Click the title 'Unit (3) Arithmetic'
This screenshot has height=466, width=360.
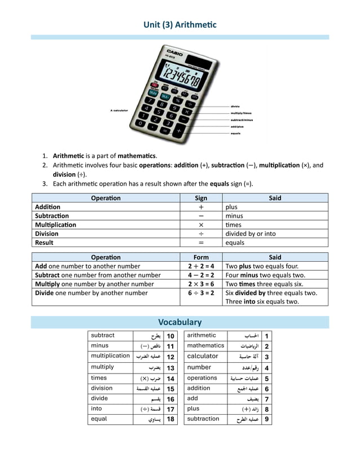point(179,25)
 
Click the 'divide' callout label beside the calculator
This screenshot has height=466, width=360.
point(235,106)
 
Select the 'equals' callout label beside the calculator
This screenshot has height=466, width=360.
point(236,134)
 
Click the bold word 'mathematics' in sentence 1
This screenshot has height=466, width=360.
point(137,156)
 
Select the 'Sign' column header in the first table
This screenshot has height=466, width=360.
point(201,198)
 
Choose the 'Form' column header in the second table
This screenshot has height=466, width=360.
point(201,257)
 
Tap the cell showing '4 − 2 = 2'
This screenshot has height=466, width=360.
point(201,275)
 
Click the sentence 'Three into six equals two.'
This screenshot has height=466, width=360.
point(262,301)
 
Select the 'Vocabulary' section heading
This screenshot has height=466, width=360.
point(179,322)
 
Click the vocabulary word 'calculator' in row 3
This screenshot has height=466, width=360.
point(203,356)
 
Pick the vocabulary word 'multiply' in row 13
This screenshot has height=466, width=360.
point(102,367)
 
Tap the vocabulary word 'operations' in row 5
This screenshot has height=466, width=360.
point(202,378)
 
